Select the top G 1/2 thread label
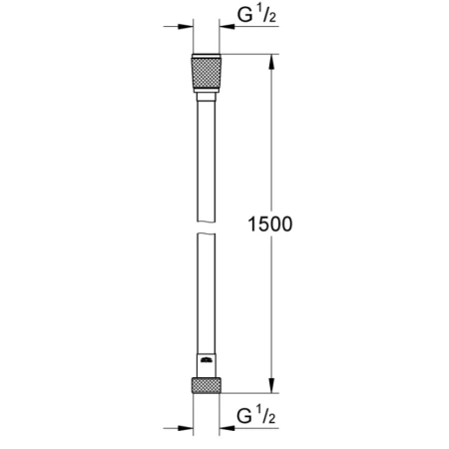256,17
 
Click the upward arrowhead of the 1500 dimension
269,63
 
